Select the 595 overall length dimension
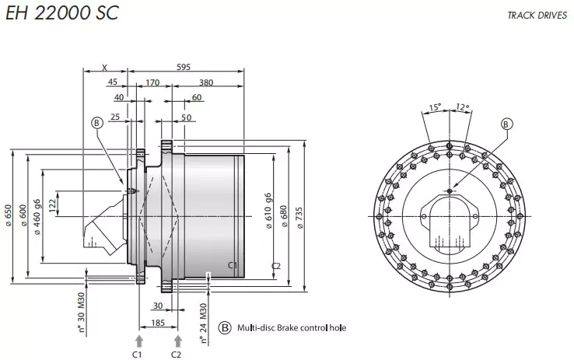(183, 68)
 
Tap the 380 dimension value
(205, 82)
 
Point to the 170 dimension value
(152, 82)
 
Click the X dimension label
(104, 68)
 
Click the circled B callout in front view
(506, 124)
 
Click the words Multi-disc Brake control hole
(292, 328)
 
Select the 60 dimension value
(196, 97)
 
